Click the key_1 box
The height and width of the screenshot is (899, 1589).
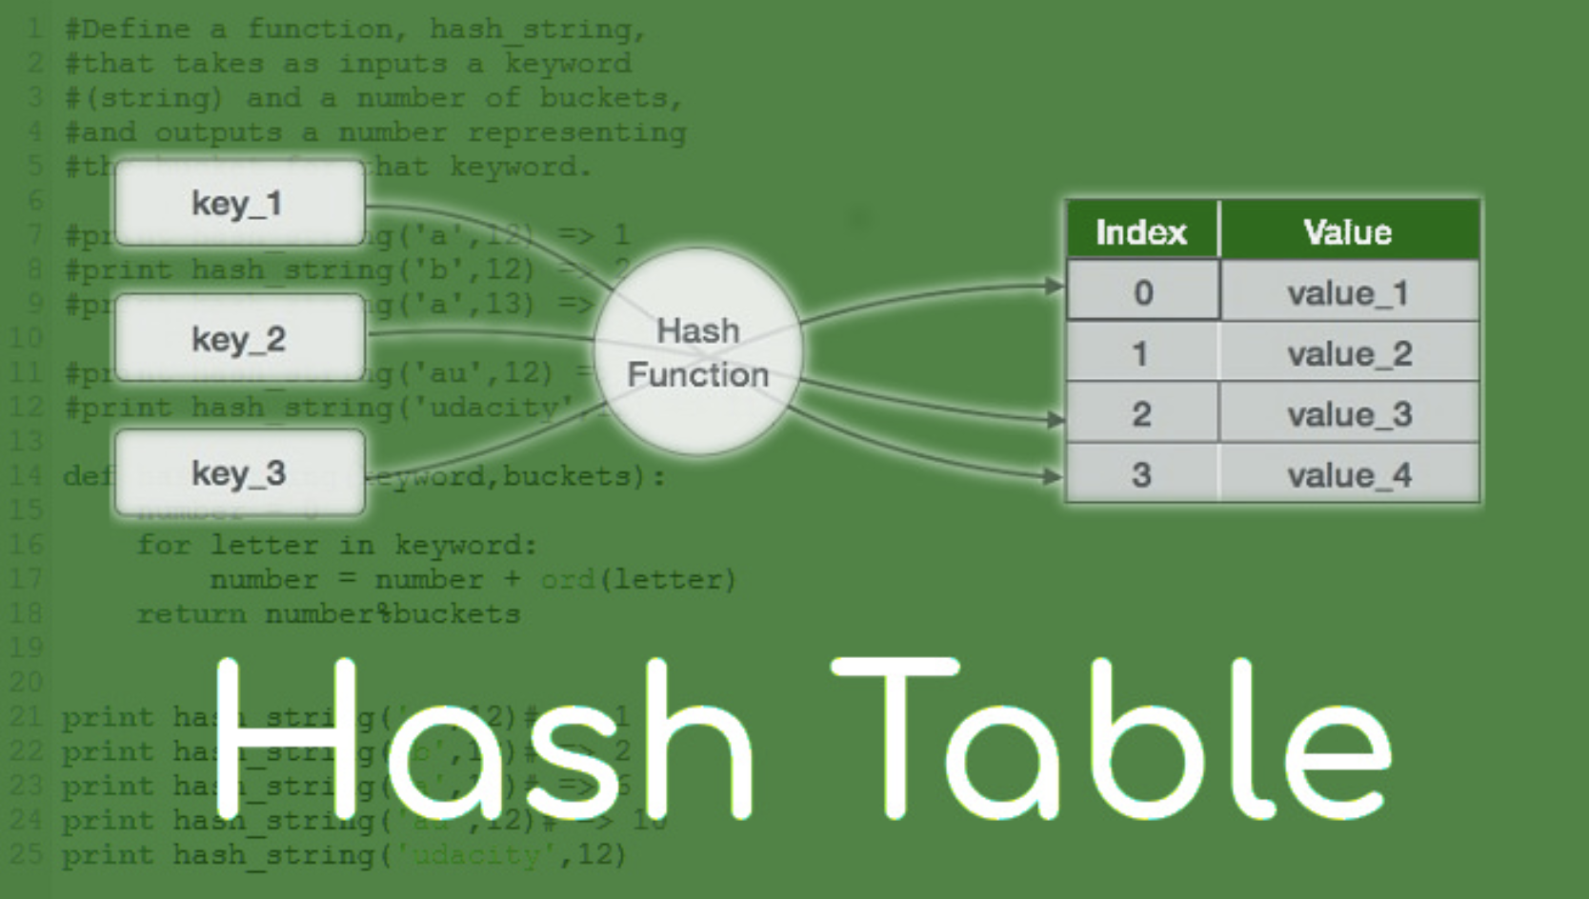coord(239,203)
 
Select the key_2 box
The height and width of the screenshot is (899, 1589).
coord(239,338)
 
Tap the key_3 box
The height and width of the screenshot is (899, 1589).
coord(239,473)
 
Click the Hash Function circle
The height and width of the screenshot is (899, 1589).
coord(698,352)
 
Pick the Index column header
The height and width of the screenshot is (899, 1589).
coord(1141,231)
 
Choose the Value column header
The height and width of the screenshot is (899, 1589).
coord(1348,231)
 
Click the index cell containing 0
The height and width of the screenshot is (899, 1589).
coord(1142,291)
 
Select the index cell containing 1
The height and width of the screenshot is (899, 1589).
coord(1141,353)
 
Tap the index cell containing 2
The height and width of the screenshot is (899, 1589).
coord(1141,414)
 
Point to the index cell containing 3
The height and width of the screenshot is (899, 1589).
coord(1141,474)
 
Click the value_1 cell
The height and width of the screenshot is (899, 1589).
coord(1348,292)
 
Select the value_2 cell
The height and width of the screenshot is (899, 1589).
coord(1349,353)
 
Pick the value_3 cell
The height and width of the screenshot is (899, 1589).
coord(1349,414)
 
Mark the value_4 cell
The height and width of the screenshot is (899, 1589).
coord(1349,474)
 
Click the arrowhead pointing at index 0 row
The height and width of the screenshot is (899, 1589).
coord(1054,285)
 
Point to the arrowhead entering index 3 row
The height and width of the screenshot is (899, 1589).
coord(1054,475)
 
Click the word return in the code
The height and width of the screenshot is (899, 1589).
coord(191,614)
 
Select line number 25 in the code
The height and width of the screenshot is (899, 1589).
coord(26,853)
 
